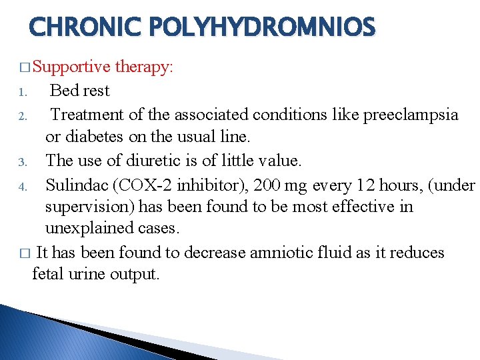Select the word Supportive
point(72,67)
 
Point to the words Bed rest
point(80,90)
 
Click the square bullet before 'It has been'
point(25,253)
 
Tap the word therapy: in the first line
point(144,67)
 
